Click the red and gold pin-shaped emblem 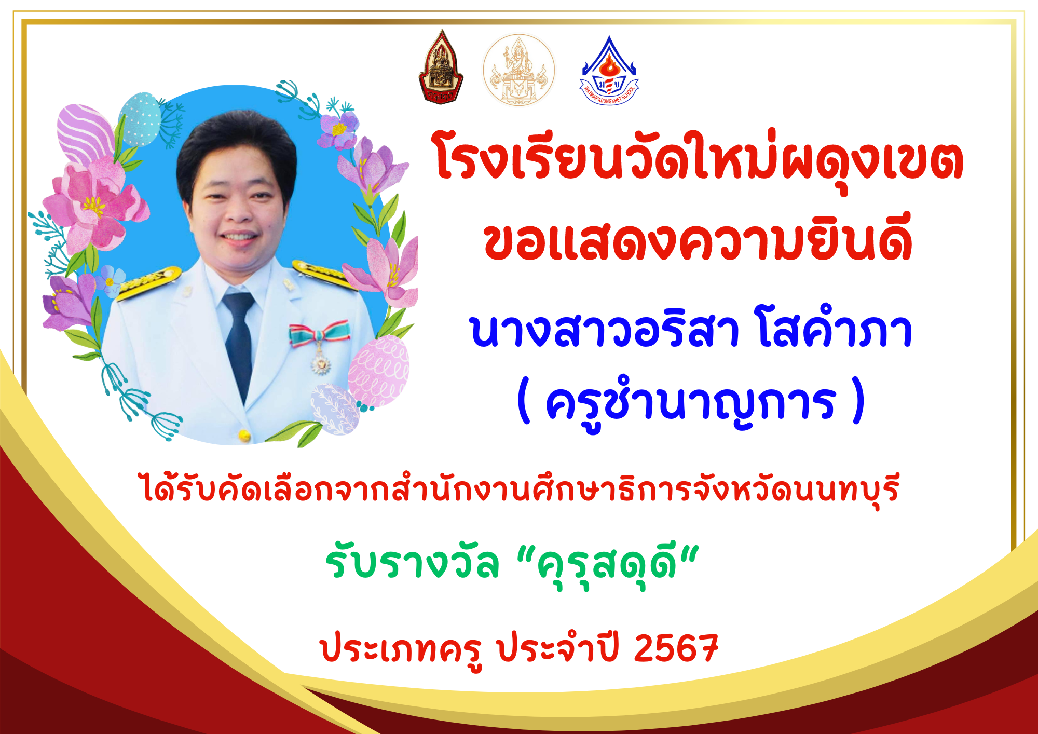point(441,67)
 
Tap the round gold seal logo point(518,70)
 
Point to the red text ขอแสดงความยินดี point(698,241)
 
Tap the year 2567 point(676,648)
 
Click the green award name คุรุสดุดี point(608,563)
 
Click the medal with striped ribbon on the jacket point(319,345)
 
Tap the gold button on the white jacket point(244,435)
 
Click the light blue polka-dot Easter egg point(140,120)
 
